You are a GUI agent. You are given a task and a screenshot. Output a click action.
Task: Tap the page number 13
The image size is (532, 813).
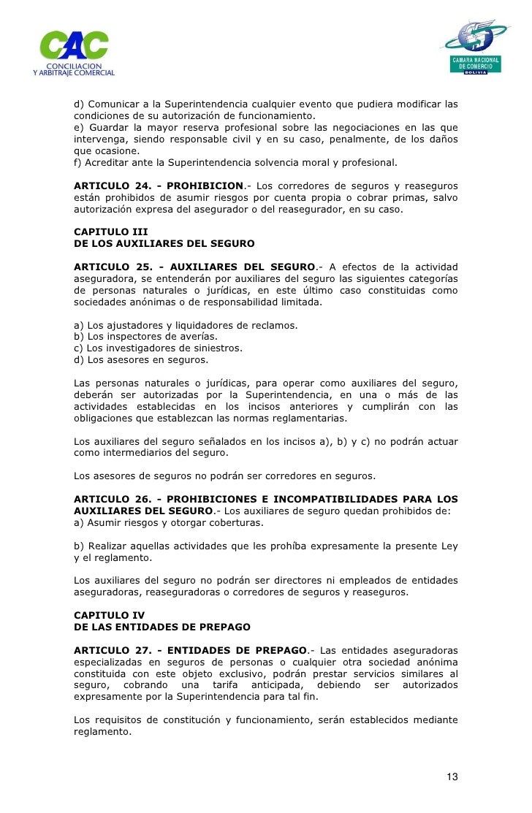pos(453,776)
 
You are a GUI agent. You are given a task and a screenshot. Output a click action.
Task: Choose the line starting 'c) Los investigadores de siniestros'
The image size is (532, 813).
pos(158,348)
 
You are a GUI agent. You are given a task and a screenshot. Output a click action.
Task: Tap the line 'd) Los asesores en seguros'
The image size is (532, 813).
pos(141,360)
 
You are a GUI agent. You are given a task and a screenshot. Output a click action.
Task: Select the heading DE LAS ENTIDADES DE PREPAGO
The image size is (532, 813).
pos(162,627)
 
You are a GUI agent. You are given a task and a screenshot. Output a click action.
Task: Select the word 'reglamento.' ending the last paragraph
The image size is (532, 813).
pos(103,731)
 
